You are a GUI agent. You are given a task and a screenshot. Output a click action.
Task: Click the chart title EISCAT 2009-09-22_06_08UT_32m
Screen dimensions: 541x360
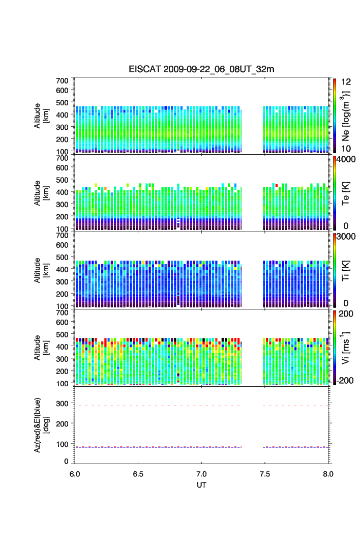click(x=201, y=69)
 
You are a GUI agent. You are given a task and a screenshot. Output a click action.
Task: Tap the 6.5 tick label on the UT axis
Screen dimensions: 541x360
click(x=138, y=473)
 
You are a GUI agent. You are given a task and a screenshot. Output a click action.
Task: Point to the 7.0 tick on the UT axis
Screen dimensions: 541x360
click(x=202, y=473)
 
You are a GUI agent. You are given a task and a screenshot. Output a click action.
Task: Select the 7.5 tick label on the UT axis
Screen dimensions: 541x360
click(x=265, y=473)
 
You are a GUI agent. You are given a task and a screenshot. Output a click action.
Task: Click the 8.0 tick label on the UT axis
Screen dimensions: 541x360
click(x=328, y=473)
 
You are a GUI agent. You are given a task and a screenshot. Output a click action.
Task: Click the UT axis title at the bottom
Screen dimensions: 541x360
click(x=201, y=485)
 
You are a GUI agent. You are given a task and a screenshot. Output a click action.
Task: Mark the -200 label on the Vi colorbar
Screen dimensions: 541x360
click(x=346, y=381)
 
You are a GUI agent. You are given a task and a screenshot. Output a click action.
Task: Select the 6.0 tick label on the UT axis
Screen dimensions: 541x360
click(x=75, y=473)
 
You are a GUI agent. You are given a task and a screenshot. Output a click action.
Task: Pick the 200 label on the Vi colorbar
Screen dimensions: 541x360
click(x=345, y=315)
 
